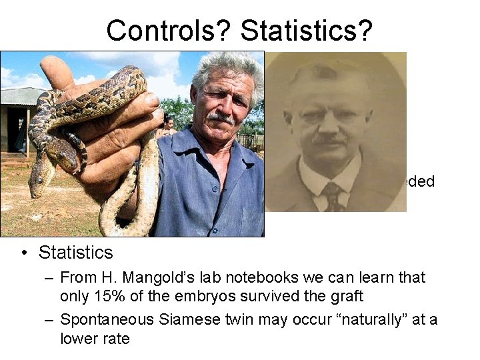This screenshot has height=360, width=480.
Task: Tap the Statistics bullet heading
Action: click(75, 253)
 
